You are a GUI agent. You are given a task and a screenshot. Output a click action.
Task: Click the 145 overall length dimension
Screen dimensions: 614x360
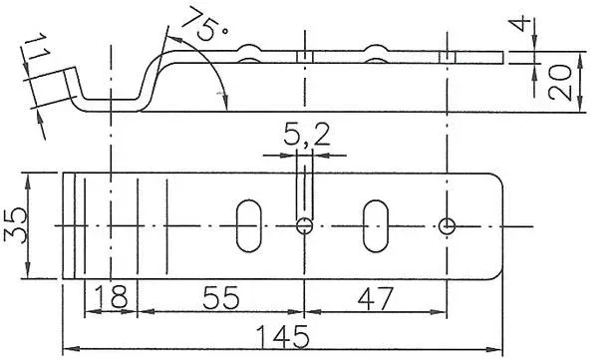click(282, 336)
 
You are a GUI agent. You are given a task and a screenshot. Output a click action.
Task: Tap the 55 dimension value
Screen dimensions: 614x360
click(220, 298)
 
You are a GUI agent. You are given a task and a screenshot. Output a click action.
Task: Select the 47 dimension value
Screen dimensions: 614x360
click(375, 299)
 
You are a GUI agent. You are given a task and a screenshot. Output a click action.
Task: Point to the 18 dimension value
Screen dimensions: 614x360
click(112, 296)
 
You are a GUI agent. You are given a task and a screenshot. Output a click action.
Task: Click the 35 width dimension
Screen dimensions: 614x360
click(15, 225)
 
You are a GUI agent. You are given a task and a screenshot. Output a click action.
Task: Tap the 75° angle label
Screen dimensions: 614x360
click(204, 24)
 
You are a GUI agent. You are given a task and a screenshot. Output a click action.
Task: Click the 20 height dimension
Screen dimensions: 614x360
click(560, 82)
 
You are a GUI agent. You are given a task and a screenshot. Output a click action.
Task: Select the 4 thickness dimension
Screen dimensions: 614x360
click(522, 25)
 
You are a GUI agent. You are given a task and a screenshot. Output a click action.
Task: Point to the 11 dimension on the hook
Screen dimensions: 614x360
click(38, 46)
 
